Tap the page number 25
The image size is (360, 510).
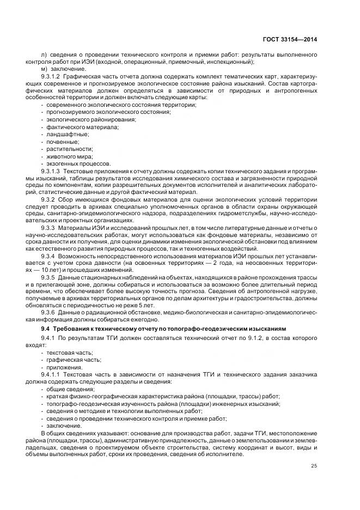click(x=314, y=465)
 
